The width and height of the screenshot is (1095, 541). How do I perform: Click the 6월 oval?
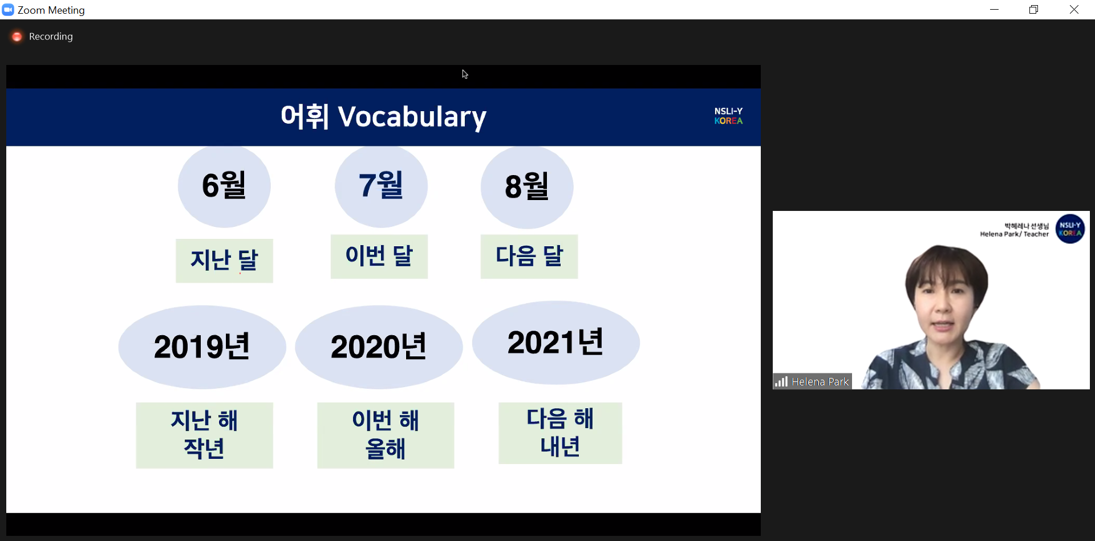tap(224, 186)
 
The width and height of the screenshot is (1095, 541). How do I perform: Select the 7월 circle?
tap(381, 186)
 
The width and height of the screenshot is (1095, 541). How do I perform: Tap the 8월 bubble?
tap(527, 187)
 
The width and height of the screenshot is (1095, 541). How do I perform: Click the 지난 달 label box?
tap(224, 261)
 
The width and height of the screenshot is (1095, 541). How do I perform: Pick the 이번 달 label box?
tap(379, 257)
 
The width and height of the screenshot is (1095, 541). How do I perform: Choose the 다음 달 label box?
tap(529, 257)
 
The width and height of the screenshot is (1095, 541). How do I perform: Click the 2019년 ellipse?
tap(202, 347)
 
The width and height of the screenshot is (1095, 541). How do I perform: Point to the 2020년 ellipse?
tap(379, 347)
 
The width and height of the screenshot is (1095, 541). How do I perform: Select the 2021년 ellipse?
tap(556, 343)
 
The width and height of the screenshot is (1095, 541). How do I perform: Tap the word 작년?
tap(204, 449)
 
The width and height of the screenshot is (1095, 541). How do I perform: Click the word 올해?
tap(386, 449)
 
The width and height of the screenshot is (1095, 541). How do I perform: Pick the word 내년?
tap(560, 446)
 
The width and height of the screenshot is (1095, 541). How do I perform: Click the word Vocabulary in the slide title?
tap(412, 117)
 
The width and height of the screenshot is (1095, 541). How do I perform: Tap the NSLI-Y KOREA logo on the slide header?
tap(728, 116)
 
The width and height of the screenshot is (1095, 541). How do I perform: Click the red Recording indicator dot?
tap(17, 36)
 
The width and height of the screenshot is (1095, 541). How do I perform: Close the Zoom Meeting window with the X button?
tap(1074, 10)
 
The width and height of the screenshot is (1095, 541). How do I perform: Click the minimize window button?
tap(994, 10)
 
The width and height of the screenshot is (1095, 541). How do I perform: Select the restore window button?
tap(1033, 10)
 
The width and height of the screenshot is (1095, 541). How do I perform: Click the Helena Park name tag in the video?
tap(812, 381)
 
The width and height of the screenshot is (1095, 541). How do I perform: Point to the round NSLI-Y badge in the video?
tap(1070, 229)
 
